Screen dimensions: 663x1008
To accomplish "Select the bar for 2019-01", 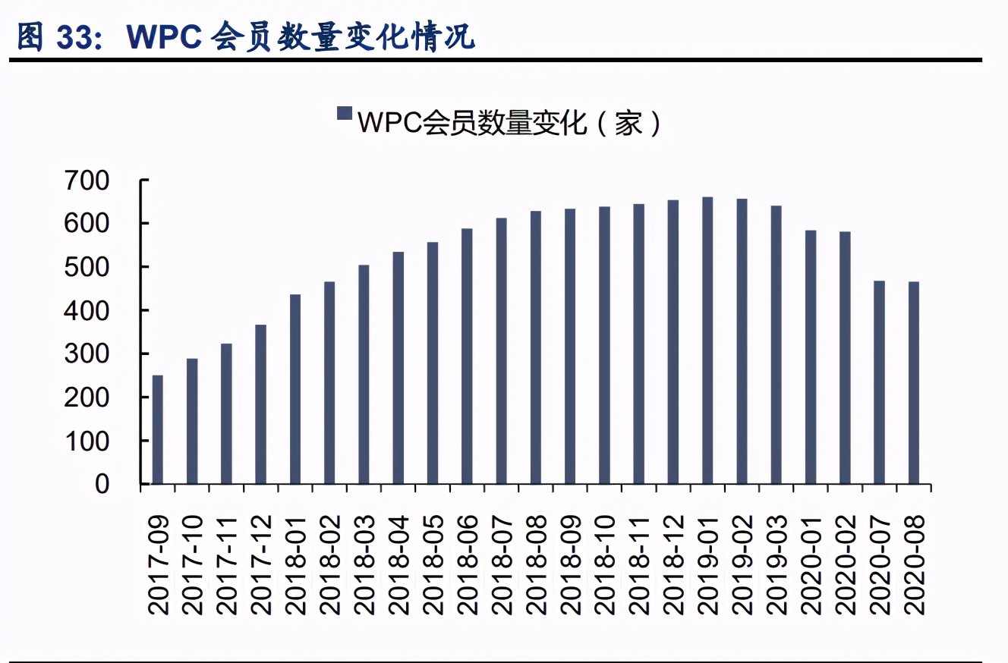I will [707, 341].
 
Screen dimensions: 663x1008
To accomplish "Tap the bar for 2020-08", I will [913, 383].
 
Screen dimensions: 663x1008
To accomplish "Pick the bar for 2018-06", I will [467, 357].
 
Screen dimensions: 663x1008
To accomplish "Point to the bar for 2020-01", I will [811, 357].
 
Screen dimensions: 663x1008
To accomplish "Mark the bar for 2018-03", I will [364, 375].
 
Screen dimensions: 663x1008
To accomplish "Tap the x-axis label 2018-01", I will [296, 565].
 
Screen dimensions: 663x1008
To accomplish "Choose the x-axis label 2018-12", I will [673, 565].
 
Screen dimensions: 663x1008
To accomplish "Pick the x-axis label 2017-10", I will [194, 565].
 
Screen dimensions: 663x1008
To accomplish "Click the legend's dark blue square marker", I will [345, 114].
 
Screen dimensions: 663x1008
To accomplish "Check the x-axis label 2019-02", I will [742, 565].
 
